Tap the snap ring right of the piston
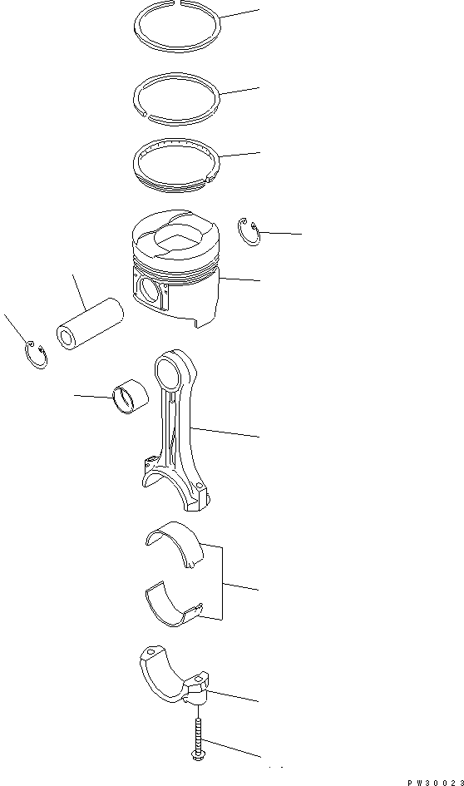coord(249,234)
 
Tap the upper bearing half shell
coord(175,544)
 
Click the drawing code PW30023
coord(434,782)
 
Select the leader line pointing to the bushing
coord(93,396)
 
